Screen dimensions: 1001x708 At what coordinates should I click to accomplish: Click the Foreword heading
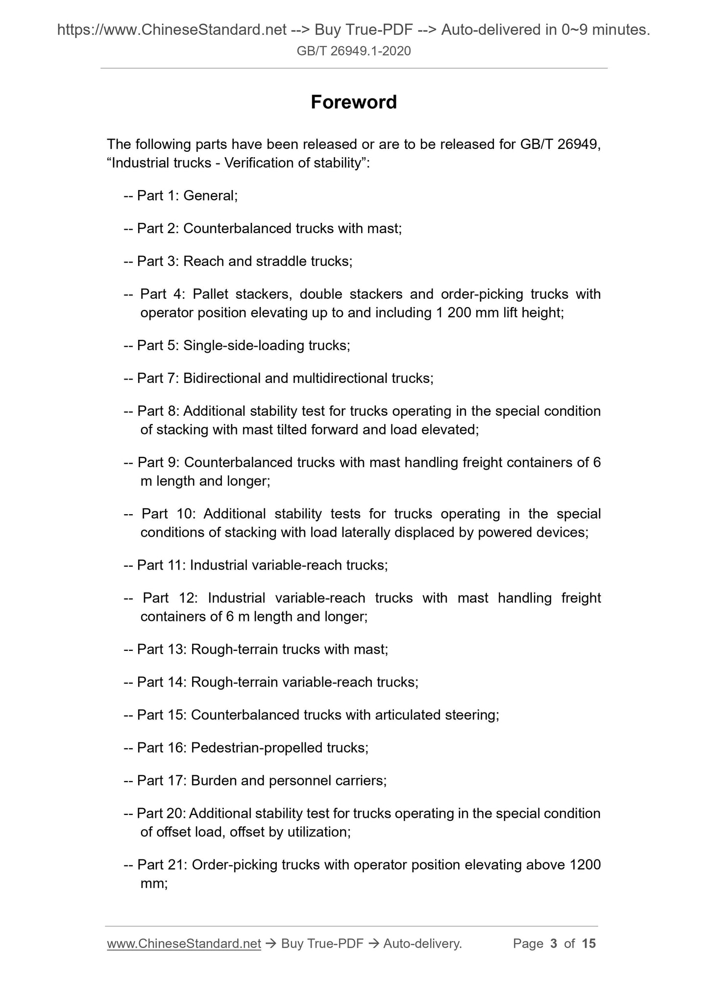click(354, 102)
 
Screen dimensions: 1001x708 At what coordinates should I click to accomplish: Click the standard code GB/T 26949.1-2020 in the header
click(354, 50)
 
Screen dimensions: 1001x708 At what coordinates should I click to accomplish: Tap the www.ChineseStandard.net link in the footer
click(184, 943)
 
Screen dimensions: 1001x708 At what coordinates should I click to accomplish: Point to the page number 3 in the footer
click(554, 943)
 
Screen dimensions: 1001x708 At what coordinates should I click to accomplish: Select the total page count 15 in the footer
click(588, 943)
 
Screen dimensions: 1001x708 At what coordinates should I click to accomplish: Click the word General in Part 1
click(210, 196)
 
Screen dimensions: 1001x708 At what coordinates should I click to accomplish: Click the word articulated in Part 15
click(408, 715)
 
